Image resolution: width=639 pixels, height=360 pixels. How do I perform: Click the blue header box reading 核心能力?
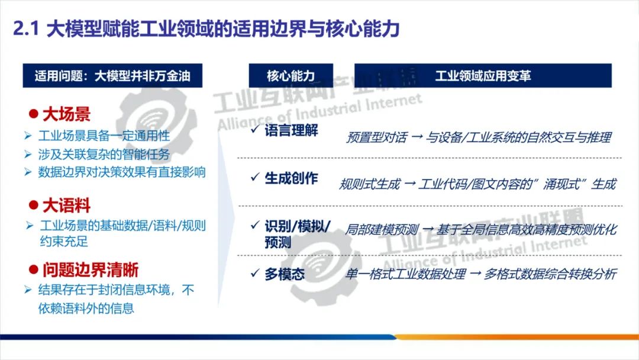click(291, 76)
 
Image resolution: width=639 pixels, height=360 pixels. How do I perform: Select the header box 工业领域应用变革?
click(483, 76)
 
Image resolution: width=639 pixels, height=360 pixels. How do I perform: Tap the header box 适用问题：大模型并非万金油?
click(112, 76)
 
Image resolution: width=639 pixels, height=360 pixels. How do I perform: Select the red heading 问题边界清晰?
click(90, 270)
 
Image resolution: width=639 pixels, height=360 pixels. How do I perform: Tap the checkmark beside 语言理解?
click(255, 130)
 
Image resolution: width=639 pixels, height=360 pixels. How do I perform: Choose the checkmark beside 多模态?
click(255, 274)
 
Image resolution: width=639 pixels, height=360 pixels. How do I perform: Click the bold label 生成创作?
click(291, 179)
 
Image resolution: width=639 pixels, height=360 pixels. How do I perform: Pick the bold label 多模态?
click(285, 274)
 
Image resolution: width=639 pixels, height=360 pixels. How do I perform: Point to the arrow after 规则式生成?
click(409, 184)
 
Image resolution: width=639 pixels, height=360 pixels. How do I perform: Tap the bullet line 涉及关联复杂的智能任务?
click(104, 154)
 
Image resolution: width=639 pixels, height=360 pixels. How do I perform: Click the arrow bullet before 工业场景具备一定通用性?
click(28, 136)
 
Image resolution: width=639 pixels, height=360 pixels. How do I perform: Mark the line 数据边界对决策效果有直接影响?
click(122, 172)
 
